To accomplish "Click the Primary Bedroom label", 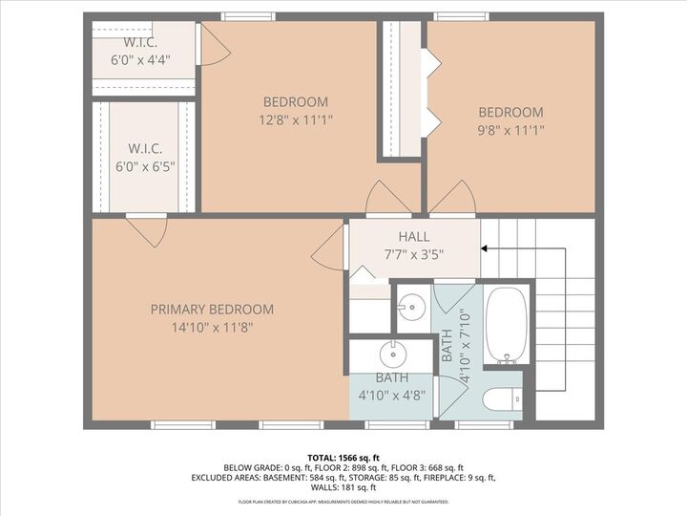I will tap(212, 310).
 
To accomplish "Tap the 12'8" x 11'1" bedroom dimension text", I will tap(296, 120).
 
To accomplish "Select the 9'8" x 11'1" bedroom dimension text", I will tap(510, 130).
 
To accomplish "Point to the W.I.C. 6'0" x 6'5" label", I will tap(146, 149).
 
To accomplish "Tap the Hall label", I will tap(413, 237).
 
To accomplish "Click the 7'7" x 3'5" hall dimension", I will tap(413, 254).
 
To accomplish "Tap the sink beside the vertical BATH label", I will tap(411, 306).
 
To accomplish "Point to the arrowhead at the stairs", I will tap(485, 248).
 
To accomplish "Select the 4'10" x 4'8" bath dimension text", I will tap(391, 394).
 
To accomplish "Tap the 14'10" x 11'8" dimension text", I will tap(212, 327).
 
